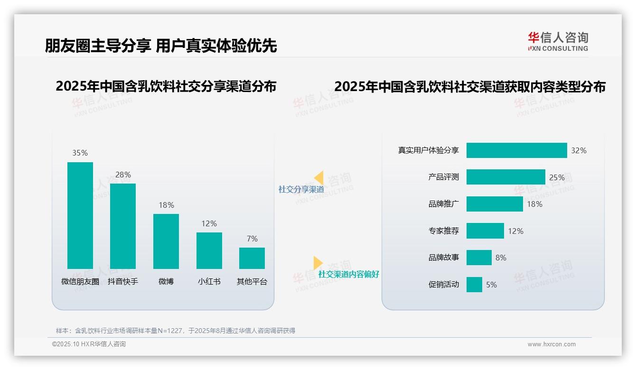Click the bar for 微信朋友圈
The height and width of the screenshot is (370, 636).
[x=80, y=215]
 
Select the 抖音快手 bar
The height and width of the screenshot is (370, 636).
[x=123, y=226]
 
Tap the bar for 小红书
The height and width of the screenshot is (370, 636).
[x=209, y=250]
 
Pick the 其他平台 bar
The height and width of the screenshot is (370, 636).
[x=252, y=258]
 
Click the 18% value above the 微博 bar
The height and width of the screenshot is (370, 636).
[x=166, y=205]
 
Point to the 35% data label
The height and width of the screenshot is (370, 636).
[x=80, y=153]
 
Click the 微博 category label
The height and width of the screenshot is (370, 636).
[x=166, y=281]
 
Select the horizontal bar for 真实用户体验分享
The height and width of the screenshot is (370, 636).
[x=516, y=150]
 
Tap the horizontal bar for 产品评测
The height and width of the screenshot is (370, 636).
[x=505, y=177]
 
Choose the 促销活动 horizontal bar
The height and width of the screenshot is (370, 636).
[x=474, y=285]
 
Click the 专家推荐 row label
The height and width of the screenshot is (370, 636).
[x=443, y=231]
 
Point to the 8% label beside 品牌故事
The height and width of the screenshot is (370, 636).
[x=501, y=258]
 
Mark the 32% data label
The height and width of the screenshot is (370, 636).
[x=579, y=150]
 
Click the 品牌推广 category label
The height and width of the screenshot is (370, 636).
[x=443, y=204]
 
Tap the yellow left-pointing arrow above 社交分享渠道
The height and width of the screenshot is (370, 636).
[x=319, y=178]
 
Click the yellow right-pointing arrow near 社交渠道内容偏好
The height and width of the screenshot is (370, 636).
[x=318, y=263]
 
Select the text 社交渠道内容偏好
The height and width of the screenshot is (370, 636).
[x=348, y=274]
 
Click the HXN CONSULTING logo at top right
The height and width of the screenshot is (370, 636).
[x=558, y=41]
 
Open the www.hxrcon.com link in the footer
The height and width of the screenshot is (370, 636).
[x=551, y=344]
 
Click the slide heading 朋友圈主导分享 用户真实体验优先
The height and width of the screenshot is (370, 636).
[x=161, y=46]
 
